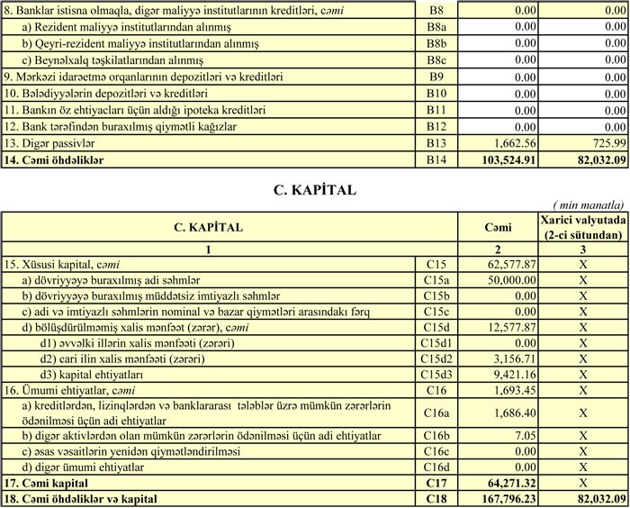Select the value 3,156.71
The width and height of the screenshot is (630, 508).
[515, 358]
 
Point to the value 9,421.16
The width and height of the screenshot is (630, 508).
[515, 374]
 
